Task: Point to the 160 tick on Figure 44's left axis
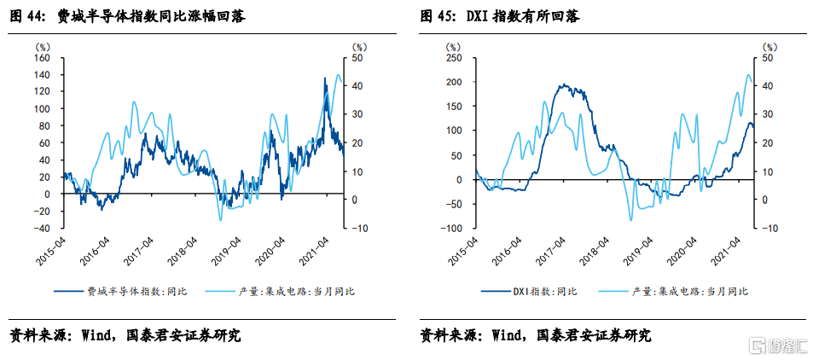[x=42, y=59]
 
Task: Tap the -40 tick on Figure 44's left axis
[x=42, y=228]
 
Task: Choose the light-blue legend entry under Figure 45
[x=690, y=292]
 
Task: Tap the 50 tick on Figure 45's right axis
[x=767, y=59]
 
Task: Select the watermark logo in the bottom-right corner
[x=775, y=345]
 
